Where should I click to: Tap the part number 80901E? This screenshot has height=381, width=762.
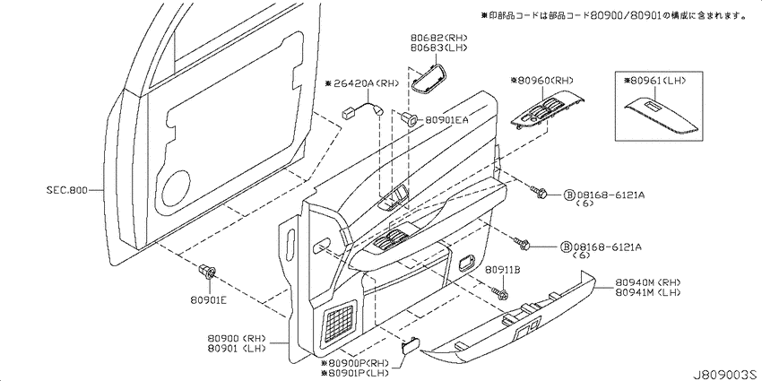(209, 299)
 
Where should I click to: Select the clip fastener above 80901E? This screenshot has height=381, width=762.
(208, 271)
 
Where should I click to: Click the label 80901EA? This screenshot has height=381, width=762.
(446, 119)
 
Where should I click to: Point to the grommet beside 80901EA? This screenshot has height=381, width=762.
(409, 118)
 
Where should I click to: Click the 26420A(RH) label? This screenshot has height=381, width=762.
(362, 83)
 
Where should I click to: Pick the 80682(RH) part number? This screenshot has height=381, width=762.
(439, 38)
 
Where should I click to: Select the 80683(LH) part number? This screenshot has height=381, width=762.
(439, 48)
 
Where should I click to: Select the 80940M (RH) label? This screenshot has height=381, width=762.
(648, 282)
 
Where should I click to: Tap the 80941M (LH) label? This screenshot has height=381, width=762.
(648, 292)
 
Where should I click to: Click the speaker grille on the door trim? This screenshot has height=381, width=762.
(339, 320)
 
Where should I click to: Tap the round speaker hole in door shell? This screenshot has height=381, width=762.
(176, 188)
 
